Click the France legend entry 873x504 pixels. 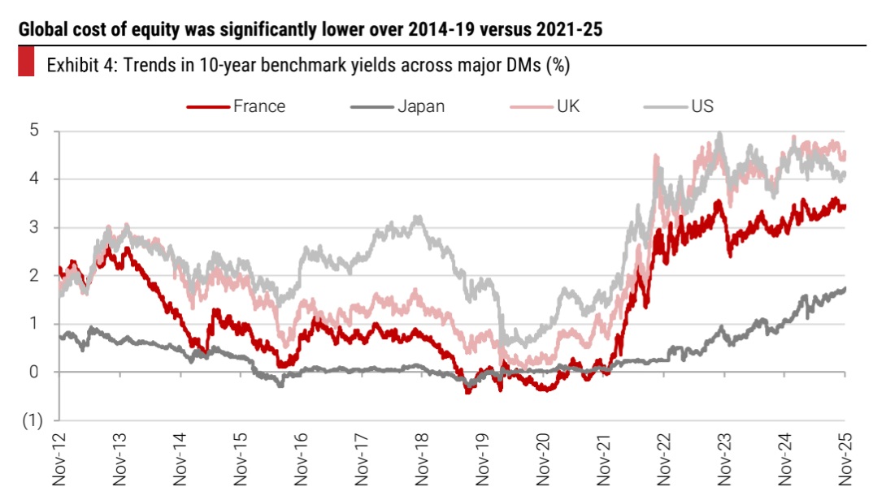(258, 106)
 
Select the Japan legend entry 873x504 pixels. (421, 106)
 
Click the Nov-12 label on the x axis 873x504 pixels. (59, 459)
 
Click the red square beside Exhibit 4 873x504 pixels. (26, 63)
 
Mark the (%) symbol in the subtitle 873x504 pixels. (556, 65)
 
